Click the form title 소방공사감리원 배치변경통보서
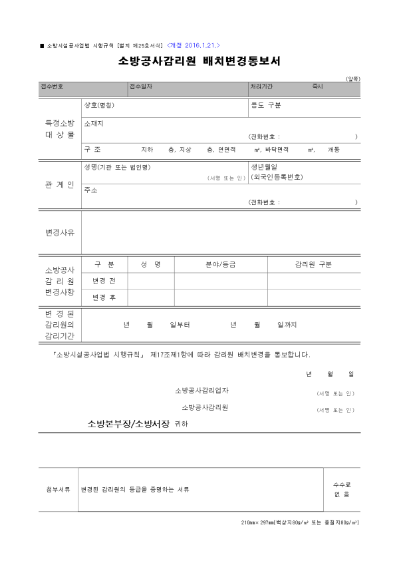199,62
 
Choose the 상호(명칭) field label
100,105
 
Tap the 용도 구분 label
266,105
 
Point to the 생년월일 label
263,166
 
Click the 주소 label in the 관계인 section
91,190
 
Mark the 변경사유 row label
60,232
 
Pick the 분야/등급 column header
221,264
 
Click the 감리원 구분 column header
313,264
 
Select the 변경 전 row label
104,281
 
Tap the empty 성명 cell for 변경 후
151,297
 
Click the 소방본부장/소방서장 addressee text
129,423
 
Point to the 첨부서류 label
59,490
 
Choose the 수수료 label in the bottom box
342,484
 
